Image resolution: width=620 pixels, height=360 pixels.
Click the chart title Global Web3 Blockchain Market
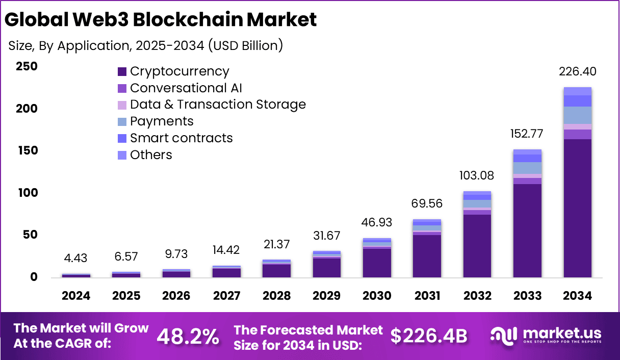pyautogui.click(x=160, y=19)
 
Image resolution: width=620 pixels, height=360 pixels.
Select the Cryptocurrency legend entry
pyautogui.click(x=173, y=71)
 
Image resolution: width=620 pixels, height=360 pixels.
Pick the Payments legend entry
pyautogui.click(x=156, y=121)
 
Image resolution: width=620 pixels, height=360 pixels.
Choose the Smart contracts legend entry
pyautogui.click(x=175, y=138)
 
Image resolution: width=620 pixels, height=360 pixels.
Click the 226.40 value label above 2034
pyautogui.click(x=577, y=71)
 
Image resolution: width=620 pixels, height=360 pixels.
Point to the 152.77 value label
pyautogui.click(x=527, y=134)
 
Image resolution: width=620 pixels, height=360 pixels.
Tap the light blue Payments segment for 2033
pyautogui.click(x=527, y=168)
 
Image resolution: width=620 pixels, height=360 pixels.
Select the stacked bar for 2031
pyautogui.click(x=427, y=249)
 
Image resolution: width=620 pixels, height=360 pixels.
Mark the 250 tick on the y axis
pyautogui.click(x=27, y=66)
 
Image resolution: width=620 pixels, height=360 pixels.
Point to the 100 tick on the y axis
pyautogui.click(x=27, y=193)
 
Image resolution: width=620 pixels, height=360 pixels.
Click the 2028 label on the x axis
pyautogui.click(x=276, y=296)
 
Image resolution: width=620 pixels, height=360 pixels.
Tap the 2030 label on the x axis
pyautogui.click(x=377, y=296)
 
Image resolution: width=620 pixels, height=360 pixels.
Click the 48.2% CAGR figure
pyautogui.click(x=188, y=337)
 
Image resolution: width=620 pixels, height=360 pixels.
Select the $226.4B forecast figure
pyautogui.click(x=429, y=337)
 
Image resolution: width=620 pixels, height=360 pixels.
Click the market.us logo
pyautogui.click(x=546, y=336)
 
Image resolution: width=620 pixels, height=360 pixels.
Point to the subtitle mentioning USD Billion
pyautogui.click(x=146, y=45)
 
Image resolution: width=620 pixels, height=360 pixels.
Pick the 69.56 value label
pyautogui.click(x=427, y=204)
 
